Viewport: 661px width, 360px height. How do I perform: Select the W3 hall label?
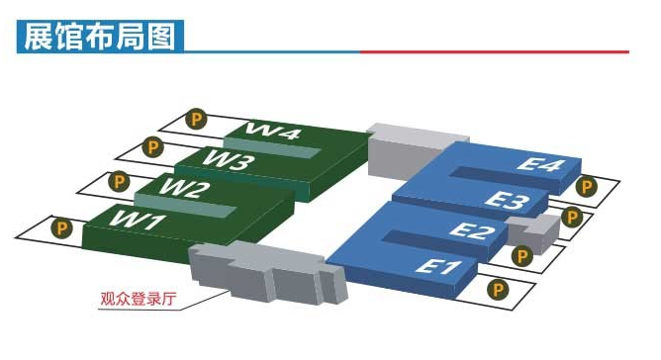(230, 160)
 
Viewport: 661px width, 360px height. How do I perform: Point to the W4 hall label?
(273, 131)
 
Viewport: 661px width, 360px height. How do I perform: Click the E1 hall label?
(438, 267)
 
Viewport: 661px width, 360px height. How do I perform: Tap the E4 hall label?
(540, 164)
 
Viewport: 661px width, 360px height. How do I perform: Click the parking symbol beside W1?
(61, 228)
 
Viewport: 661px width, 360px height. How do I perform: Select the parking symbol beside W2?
(120, 182)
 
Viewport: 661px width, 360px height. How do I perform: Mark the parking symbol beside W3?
(152, 147)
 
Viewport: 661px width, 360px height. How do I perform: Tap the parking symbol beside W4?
(196, 120)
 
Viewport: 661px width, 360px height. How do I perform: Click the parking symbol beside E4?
(587, 186)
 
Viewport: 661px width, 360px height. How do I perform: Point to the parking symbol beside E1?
(498, 290)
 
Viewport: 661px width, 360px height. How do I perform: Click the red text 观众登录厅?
(139, 299)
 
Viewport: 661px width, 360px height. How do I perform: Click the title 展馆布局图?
(100, 37)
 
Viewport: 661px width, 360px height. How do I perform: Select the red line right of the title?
(495, 51)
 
